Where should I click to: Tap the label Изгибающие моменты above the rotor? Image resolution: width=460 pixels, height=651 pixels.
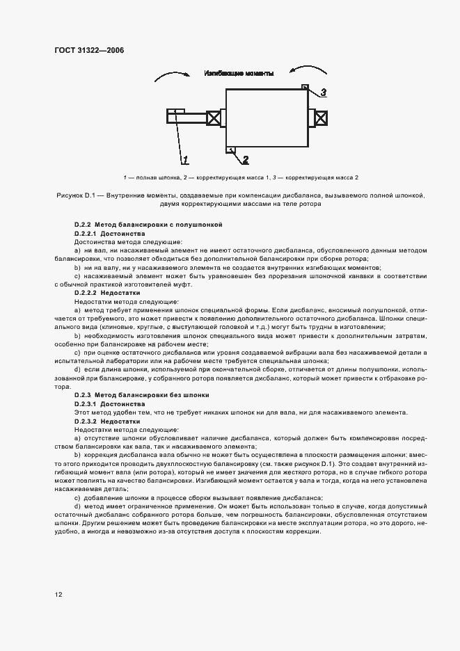click(x=239, y=73)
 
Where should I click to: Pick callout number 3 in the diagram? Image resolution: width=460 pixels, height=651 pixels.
click(x=323, y=93)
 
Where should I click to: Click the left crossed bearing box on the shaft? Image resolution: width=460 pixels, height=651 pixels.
click(x=214, y=118)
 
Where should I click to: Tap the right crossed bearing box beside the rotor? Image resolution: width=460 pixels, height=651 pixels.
click(x=321, y=118)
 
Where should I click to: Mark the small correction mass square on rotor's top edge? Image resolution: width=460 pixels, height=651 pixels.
click(x=304, y=86)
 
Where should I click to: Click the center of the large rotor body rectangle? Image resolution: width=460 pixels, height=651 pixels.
click(x=267, y=118)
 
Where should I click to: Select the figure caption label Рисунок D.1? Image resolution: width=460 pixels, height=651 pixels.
click(x=78, y=197)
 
